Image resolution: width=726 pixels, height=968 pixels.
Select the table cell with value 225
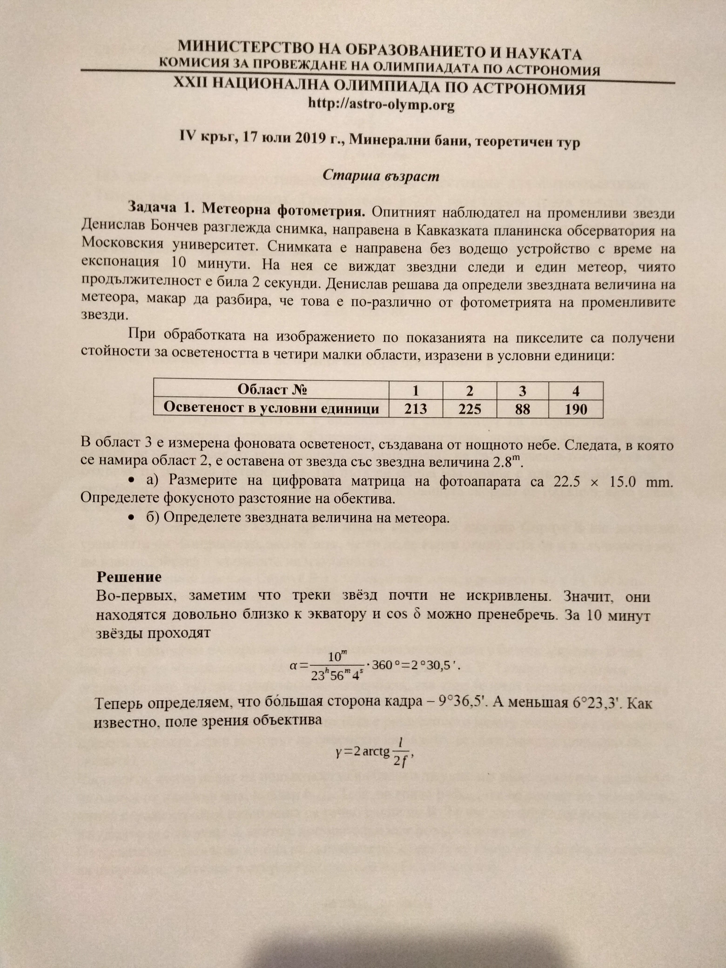[470, 409]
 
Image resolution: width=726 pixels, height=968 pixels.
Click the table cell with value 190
[575, 410]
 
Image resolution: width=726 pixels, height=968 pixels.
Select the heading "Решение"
[129, 577]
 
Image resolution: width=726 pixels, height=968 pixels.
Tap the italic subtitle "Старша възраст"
[381, 176]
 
